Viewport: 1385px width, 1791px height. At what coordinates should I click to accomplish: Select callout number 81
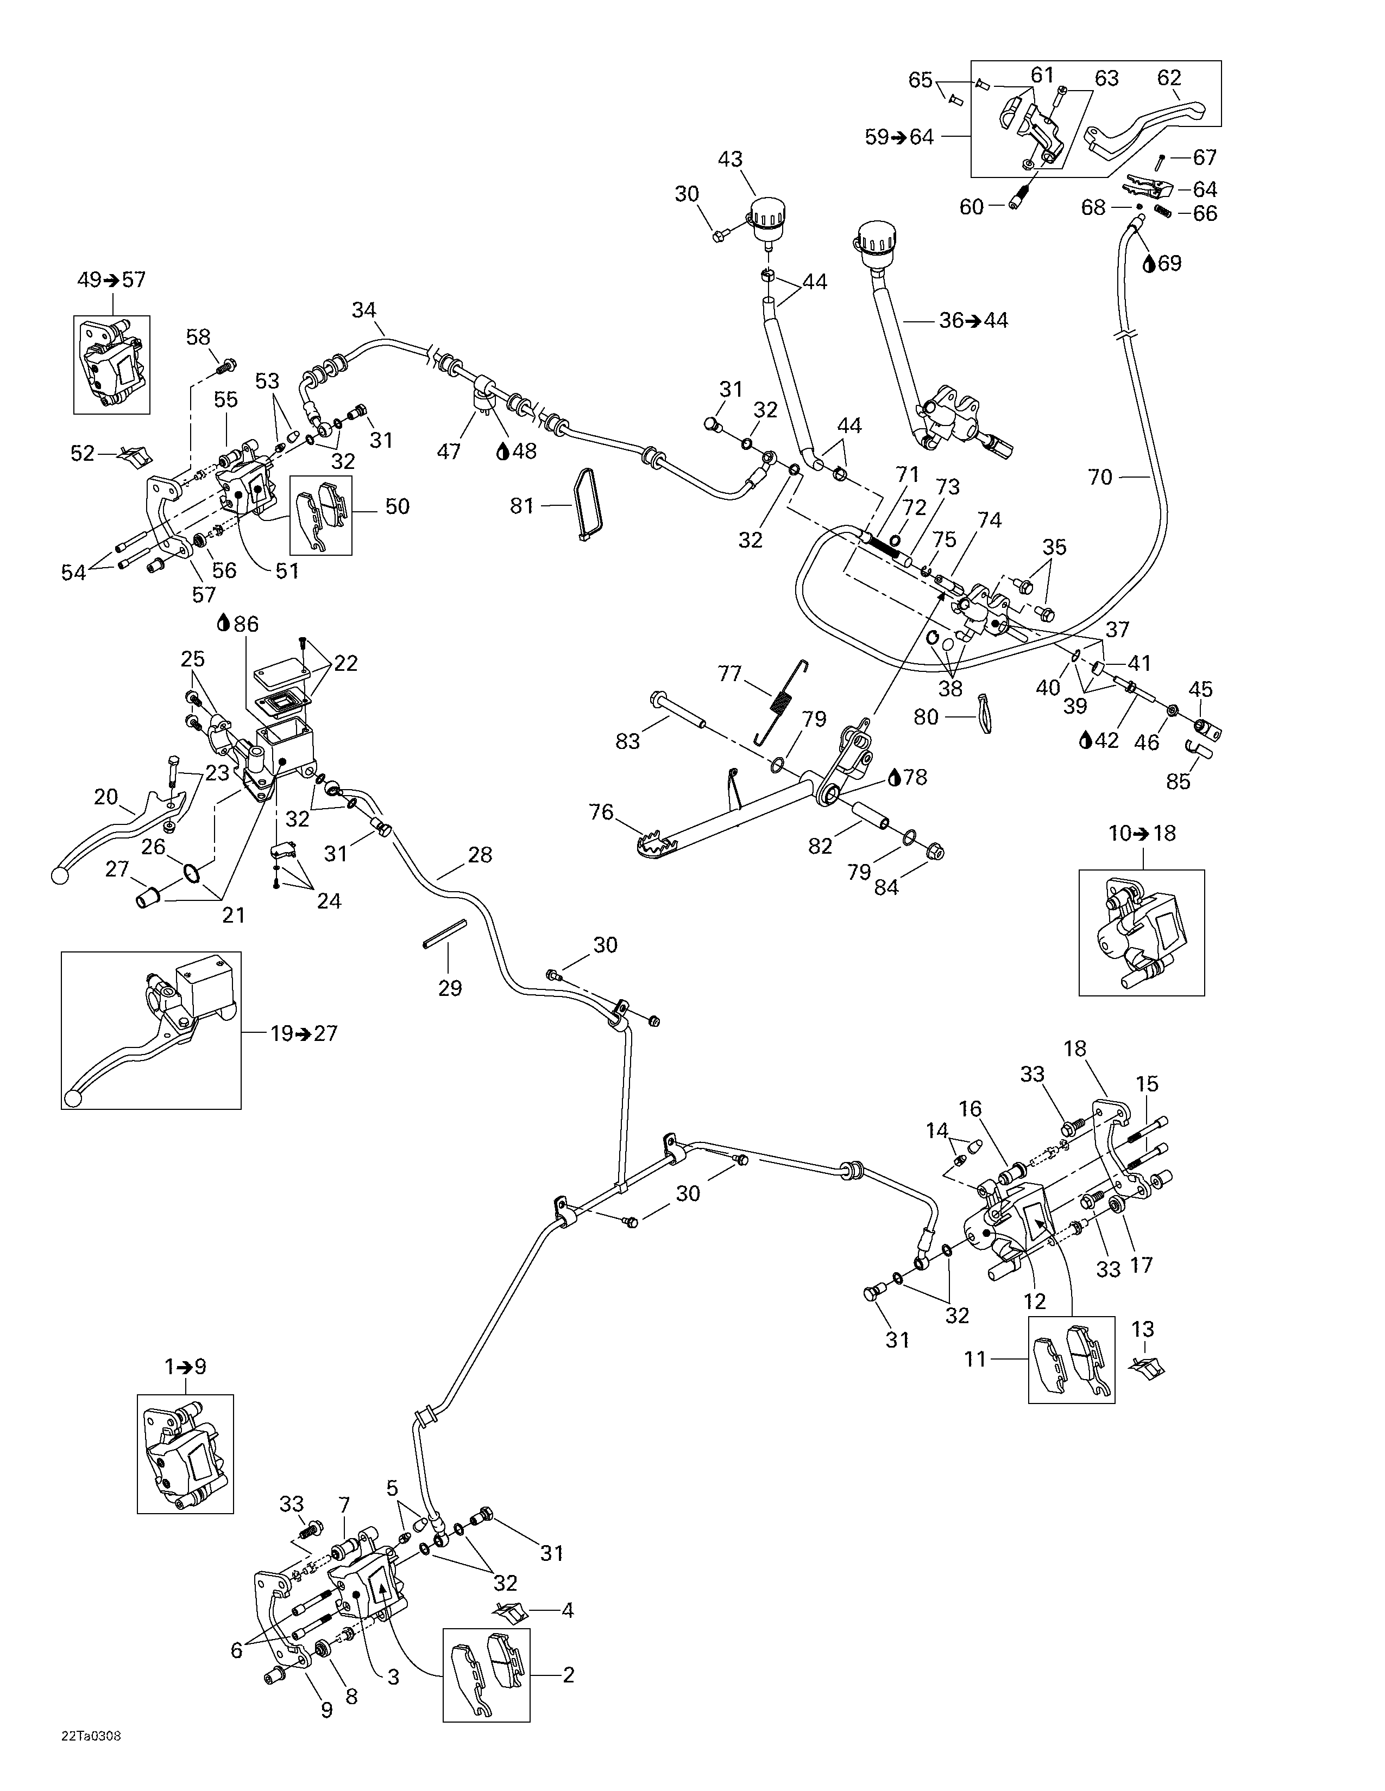coord(522,506)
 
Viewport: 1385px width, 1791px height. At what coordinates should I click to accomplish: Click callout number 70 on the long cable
coord(1099,477)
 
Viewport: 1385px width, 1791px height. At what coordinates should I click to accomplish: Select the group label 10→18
coord(1141,833)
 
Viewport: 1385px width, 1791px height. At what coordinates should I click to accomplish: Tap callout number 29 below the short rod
coord(450,988)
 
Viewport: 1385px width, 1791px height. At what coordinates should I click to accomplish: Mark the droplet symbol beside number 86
coord(222,624)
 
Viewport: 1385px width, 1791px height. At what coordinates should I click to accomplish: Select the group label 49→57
coord(111,280)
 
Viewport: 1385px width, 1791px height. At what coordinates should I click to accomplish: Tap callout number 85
coord(1178,782)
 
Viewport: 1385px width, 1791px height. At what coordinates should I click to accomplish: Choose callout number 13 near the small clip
coord(1143,1329)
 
